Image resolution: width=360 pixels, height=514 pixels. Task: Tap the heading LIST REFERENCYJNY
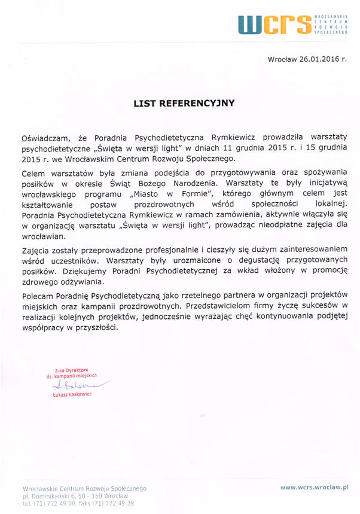pos(184,103)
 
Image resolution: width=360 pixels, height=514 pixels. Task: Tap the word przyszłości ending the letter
pos(94,327)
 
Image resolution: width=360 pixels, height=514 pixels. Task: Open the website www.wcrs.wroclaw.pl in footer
pos(315,488)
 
